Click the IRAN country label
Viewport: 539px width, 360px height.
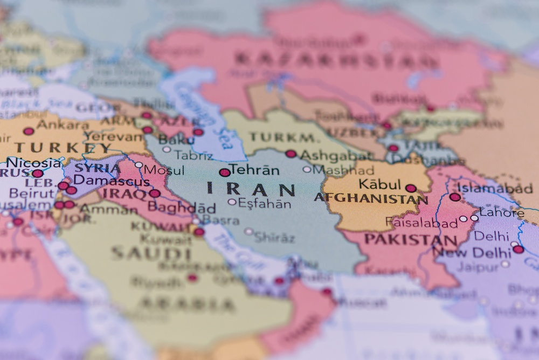click(251, 189)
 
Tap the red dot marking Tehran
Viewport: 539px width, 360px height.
click(225, 172)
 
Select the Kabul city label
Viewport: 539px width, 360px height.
click(379, 184)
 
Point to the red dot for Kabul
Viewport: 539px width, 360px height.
click(411, 188)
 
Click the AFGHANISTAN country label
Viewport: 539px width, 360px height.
click(371, 198)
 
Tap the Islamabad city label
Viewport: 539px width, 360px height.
click(495, 188)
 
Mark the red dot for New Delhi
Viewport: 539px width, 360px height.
click(518, 249)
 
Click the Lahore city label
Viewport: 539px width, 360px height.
click(502, 213)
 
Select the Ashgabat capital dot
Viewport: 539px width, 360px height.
click(291, 154)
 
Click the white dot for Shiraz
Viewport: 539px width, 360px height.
click(248, 231)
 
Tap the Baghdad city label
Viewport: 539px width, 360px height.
click(182, 207)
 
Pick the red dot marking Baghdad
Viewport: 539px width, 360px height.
click(155, 193)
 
